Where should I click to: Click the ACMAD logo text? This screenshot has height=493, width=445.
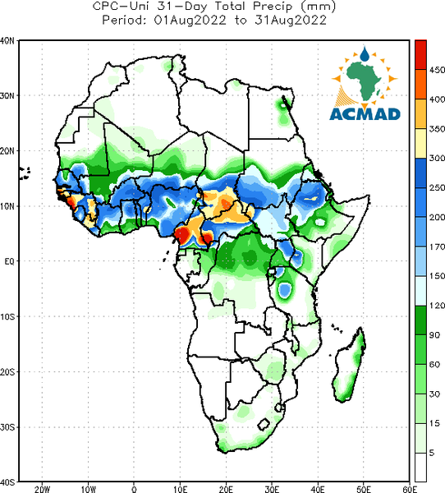pyautogui.click(x=365, y=114)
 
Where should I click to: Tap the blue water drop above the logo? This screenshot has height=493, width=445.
pyautogui.click(x=365, y=53)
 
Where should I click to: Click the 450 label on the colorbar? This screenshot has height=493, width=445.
pyautogui.click(x=437, y=70)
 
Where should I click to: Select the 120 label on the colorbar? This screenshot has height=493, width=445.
pyautogui.click(x=437, y=306)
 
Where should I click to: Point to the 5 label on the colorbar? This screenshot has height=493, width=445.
pyautogui.click(x=432, y=453)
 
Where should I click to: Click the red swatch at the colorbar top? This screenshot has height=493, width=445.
pyautogui.click(x=420, y=55)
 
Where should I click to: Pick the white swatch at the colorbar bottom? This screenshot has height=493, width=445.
pyautogui.click(x=420, y=468)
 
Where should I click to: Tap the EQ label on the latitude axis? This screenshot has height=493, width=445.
pyautogui.click(x=9, y=261)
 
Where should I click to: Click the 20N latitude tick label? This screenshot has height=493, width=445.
pyautogui.click(x=7, y=151)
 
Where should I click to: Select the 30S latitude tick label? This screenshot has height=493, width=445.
pyautogui.click(x=7, y=427)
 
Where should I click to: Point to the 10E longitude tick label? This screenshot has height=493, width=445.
pyautogui.click(x=180, y=489)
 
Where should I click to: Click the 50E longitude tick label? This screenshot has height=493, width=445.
pyautogui.click(x=364, y=489)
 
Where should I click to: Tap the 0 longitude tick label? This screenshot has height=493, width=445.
pyautogui.click(x=134, y=489)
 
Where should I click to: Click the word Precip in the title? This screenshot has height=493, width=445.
pyautogui.click(x=273, y=6)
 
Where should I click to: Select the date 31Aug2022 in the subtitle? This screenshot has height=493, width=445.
pyautogui.click(x=291, y=20)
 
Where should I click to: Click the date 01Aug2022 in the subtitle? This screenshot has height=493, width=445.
pyautogui.click(x=190, y=20)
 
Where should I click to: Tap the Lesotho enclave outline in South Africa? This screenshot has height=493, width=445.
pyautogui.click(x=264, y=425)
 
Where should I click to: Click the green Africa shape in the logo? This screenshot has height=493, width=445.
pyautogui.click(x=364, y=79)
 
